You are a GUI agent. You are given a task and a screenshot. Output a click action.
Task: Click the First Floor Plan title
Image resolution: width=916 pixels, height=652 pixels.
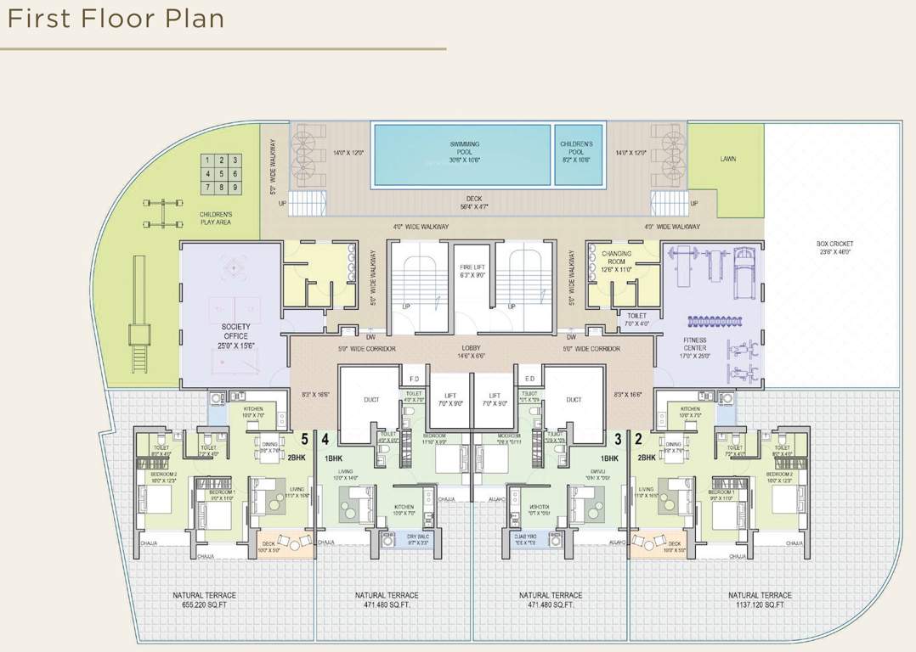tap(116, 19)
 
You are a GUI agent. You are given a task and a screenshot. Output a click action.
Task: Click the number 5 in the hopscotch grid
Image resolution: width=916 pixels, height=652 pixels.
tap(221, 173)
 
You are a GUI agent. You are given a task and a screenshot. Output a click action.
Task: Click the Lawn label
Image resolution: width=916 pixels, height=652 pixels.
tap(728, 159)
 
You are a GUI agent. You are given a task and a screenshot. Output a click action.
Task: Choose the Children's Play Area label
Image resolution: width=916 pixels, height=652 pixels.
tap(215, 218)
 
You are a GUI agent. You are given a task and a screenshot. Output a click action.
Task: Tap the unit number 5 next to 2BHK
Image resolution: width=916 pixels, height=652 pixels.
tap(303, 439)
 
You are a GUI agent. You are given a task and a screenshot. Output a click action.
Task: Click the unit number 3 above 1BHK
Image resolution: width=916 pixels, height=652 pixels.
tap(618, 439)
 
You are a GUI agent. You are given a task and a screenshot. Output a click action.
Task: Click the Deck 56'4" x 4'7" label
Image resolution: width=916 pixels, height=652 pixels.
tap(474, 203)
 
